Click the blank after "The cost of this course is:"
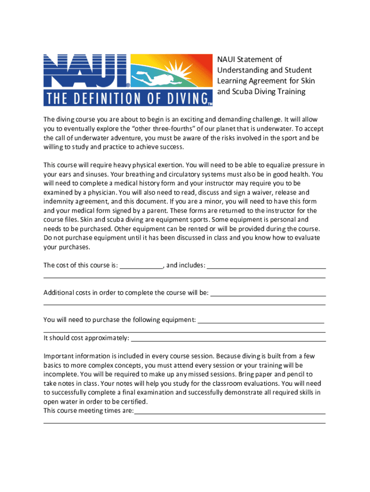tap(141, 265)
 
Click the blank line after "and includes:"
tap(266, 265)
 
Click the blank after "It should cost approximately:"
tap(228, 338)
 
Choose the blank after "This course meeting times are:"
tap(230, 411)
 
